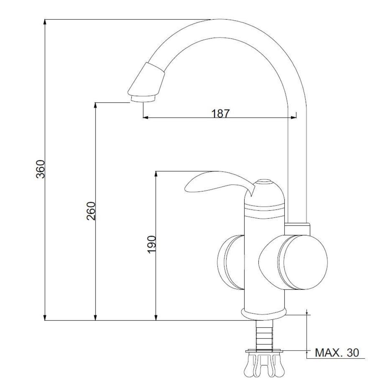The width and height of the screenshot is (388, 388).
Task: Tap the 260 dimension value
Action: click(x=91, y=211)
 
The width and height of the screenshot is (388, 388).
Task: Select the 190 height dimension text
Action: click(x=152, y=244)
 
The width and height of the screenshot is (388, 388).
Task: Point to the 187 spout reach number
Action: click(x=220, y=113)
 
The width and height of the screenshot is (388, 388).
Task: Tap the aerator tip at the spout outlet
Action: click(x=143, y=99)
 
